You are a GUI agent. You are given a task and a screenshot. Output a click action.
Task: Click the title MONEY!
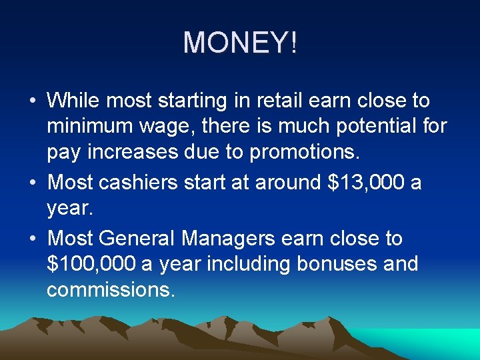pyautogui.click(x=240, y=43)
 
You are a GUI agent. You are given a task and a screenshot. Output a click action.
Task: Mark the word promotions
pyautogui.click(x=304, y=153)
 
